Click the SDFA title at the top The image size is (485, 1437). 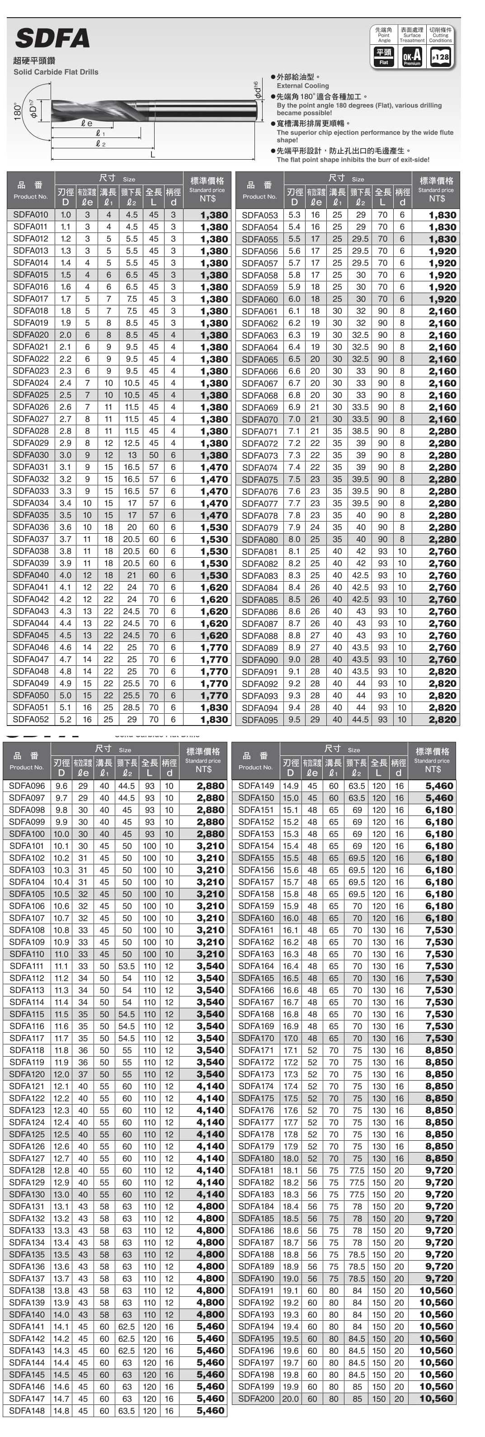point(52,38)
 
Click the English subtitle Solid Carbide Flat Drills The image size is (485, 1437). point(56,72)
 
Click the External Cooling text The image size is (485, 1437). point(303,86)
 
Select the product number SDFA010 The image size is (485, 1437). point(31,215)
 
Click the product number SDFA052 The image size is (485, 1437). point(31,720)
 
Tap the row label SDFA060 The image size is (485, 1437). point(259,299)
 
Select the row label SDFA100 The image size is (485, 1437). point(27,834)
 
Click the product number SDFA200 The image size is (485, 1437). point(256,1399)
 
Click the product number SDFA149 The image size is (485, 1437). point(256,786)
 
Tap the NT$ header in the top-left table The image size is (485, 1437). point(207,199)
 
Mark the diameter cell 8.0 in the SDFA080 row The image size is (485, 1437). point(294,540)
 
